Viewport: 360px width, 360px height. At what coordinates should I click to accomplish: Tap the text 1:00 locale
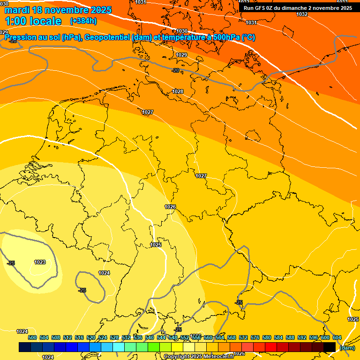(x=33, y=21)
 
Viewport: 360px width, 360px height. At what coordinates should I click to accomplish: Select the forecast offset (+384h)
(x=83, y=21)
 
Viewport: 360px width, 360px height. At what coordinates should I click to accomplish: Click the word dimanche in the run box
(x=292, y=8)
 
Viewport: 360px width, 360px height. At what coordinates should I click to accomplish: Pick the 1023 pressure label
(x=40, y=262)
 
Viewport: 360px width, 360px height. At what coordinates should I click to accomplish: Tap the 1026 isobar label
(x=170, y=207)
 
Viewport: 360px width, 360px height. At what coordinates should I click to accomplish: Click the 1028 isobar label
(x=178, y=91)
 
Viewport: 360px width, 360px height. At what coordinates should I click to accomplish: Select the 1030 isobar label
(x=182, y=31)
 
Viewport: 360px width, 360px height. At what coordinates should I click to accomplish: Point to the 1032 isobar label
(x=302, y=14)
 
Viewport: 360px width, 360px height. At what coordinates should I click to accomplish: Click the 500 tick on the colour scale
(x=32, y=337)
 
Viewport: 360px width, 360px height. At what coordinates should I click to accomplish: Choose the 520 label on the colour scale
(x=91, y=337)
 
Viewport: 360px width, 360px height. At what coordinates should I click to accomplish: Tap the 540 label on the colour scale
(x=150, y=337)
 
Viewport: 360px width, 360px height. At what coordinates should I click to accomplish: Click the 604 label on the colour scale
(x=337, y=337)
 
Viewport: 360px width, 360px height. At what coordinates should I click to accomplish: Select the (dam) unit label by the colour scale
(x=347, y=347)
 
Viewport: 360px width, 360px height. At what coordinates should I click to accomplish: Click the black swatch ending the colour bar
(x=330, y=347)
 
